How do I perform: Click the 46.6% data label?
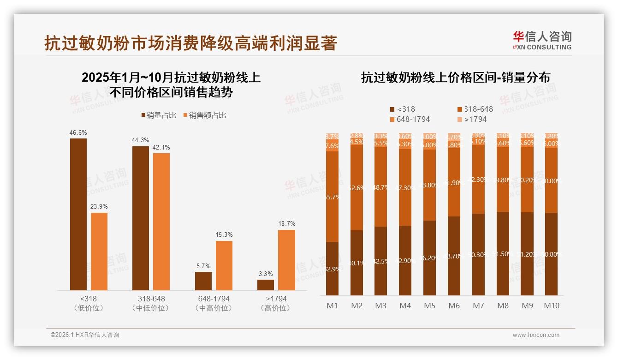click(x=78, y=133)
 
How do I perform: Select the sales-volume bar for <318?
click(x=78, y=214)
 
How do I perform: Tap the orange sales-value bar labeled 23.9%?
click(x=99, y=251)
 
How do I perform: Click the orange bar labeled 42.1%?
click(x=161, y=222)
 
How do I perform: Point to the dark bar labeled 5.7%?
click(x=203, y=281)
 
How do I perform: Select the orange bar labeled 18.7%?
click(x=286, y=260)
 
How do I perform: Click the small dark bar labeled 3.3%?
click(x=266, y=285)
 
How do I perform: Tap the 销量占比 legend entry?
click(x=158, y=115)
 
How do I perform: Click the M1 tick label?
click(x=332, y=306)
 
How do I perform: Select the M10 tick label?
click(x=551, y=306)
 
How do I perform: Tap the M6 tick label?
click(x=454, y=306)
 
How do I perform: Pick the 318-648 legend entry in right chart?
click(x=475, y=109)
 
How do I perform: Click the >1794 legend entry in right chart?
click(x=472, y=120)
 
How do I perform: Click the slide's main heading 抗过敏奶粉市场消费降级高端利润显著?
click(x=191, y=43)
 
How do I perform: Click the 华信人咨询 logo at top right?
click(x=542, y=40)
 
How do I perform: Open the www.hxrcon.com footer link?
click(x=536, y=335)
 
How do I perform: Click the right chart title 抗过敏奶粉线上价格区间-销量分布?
click(x=455, y=78)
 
